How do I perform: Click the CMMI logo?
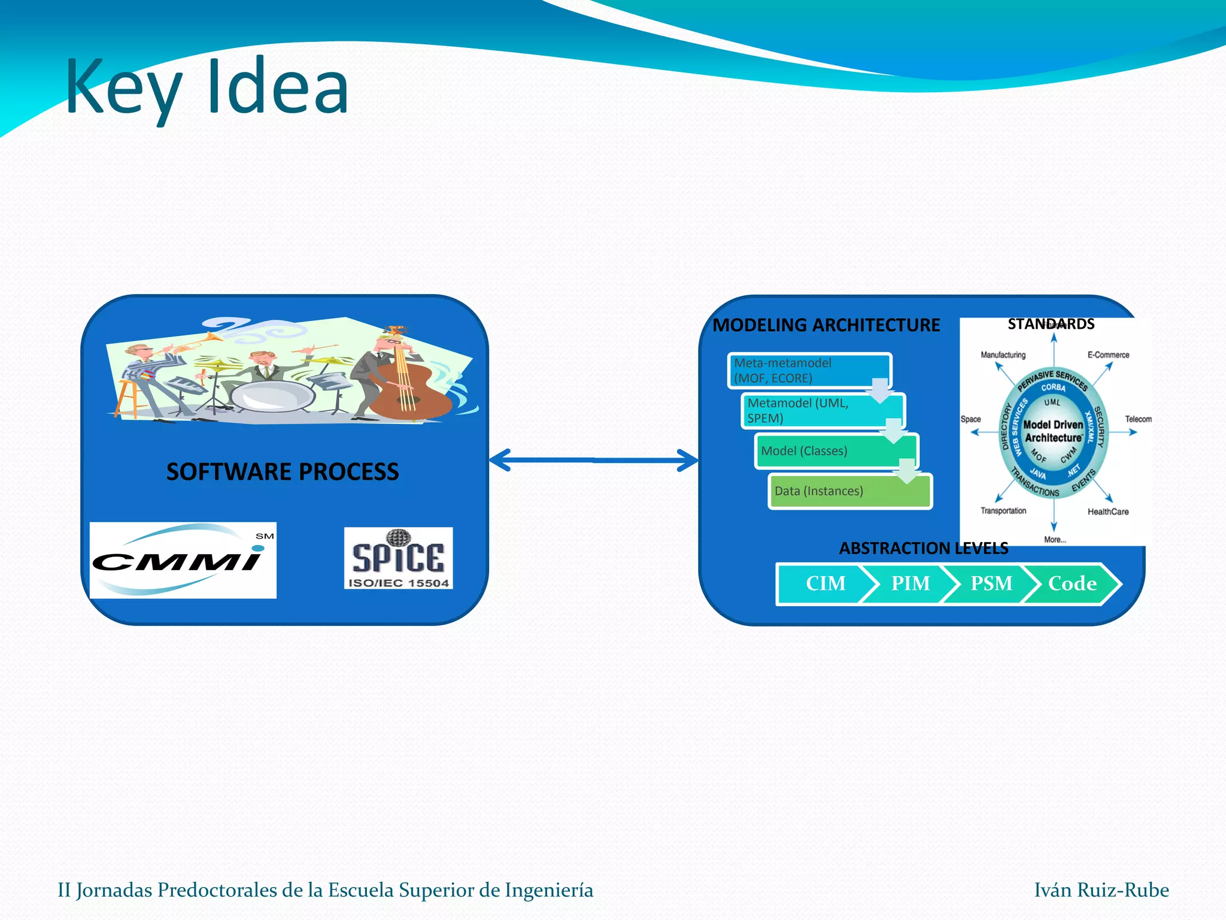pos(183,560)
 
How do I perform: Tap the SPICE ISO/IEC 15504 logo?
pos(398,558)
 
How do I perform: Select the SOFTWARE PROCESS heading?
pos(283,472)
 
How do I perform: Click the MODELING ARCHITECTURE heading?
pos(826,325)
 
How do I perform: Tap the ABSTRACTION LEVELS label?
pos(923,548)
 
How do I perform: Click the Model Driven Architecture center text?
pos(1053,431)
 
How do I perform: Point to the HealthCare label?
pos(1108,512)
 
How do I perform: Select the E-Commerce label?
pos(1108,355)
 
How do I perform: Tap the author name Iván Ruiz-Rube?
pos(1101,890)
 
